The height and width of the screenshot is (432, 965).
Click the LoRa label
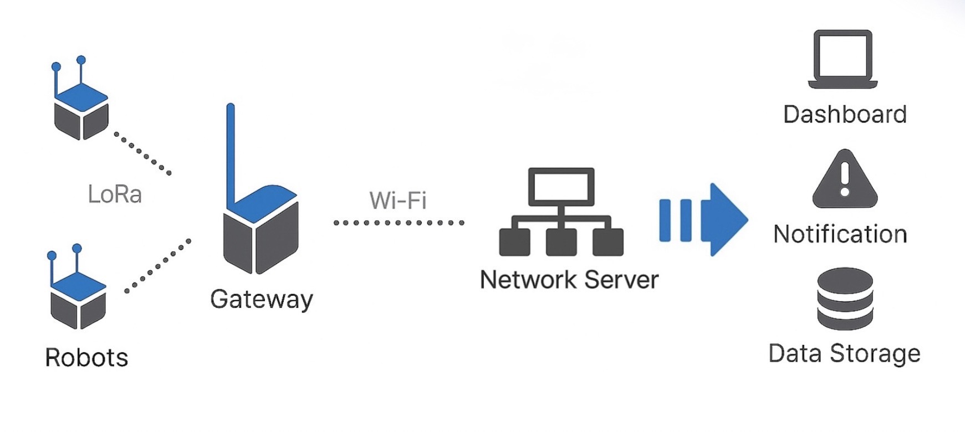115,194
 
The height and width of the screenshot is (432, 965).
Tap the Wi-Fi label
398,200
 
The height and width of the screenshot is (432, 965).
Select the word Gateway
262,300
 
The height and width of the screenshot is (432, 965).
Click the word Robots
86,357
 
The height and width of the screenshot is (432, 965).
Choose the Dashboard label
845,115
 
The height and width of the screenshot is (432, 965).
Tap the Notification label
840,234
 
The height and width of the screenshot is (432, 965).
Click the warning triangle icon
845,180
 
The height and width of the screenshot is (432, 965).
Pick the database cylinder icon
845,299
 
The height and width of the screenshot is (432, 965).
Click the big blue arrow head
726,219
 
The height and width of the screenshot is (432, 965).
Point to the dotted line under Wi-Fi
399,223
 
